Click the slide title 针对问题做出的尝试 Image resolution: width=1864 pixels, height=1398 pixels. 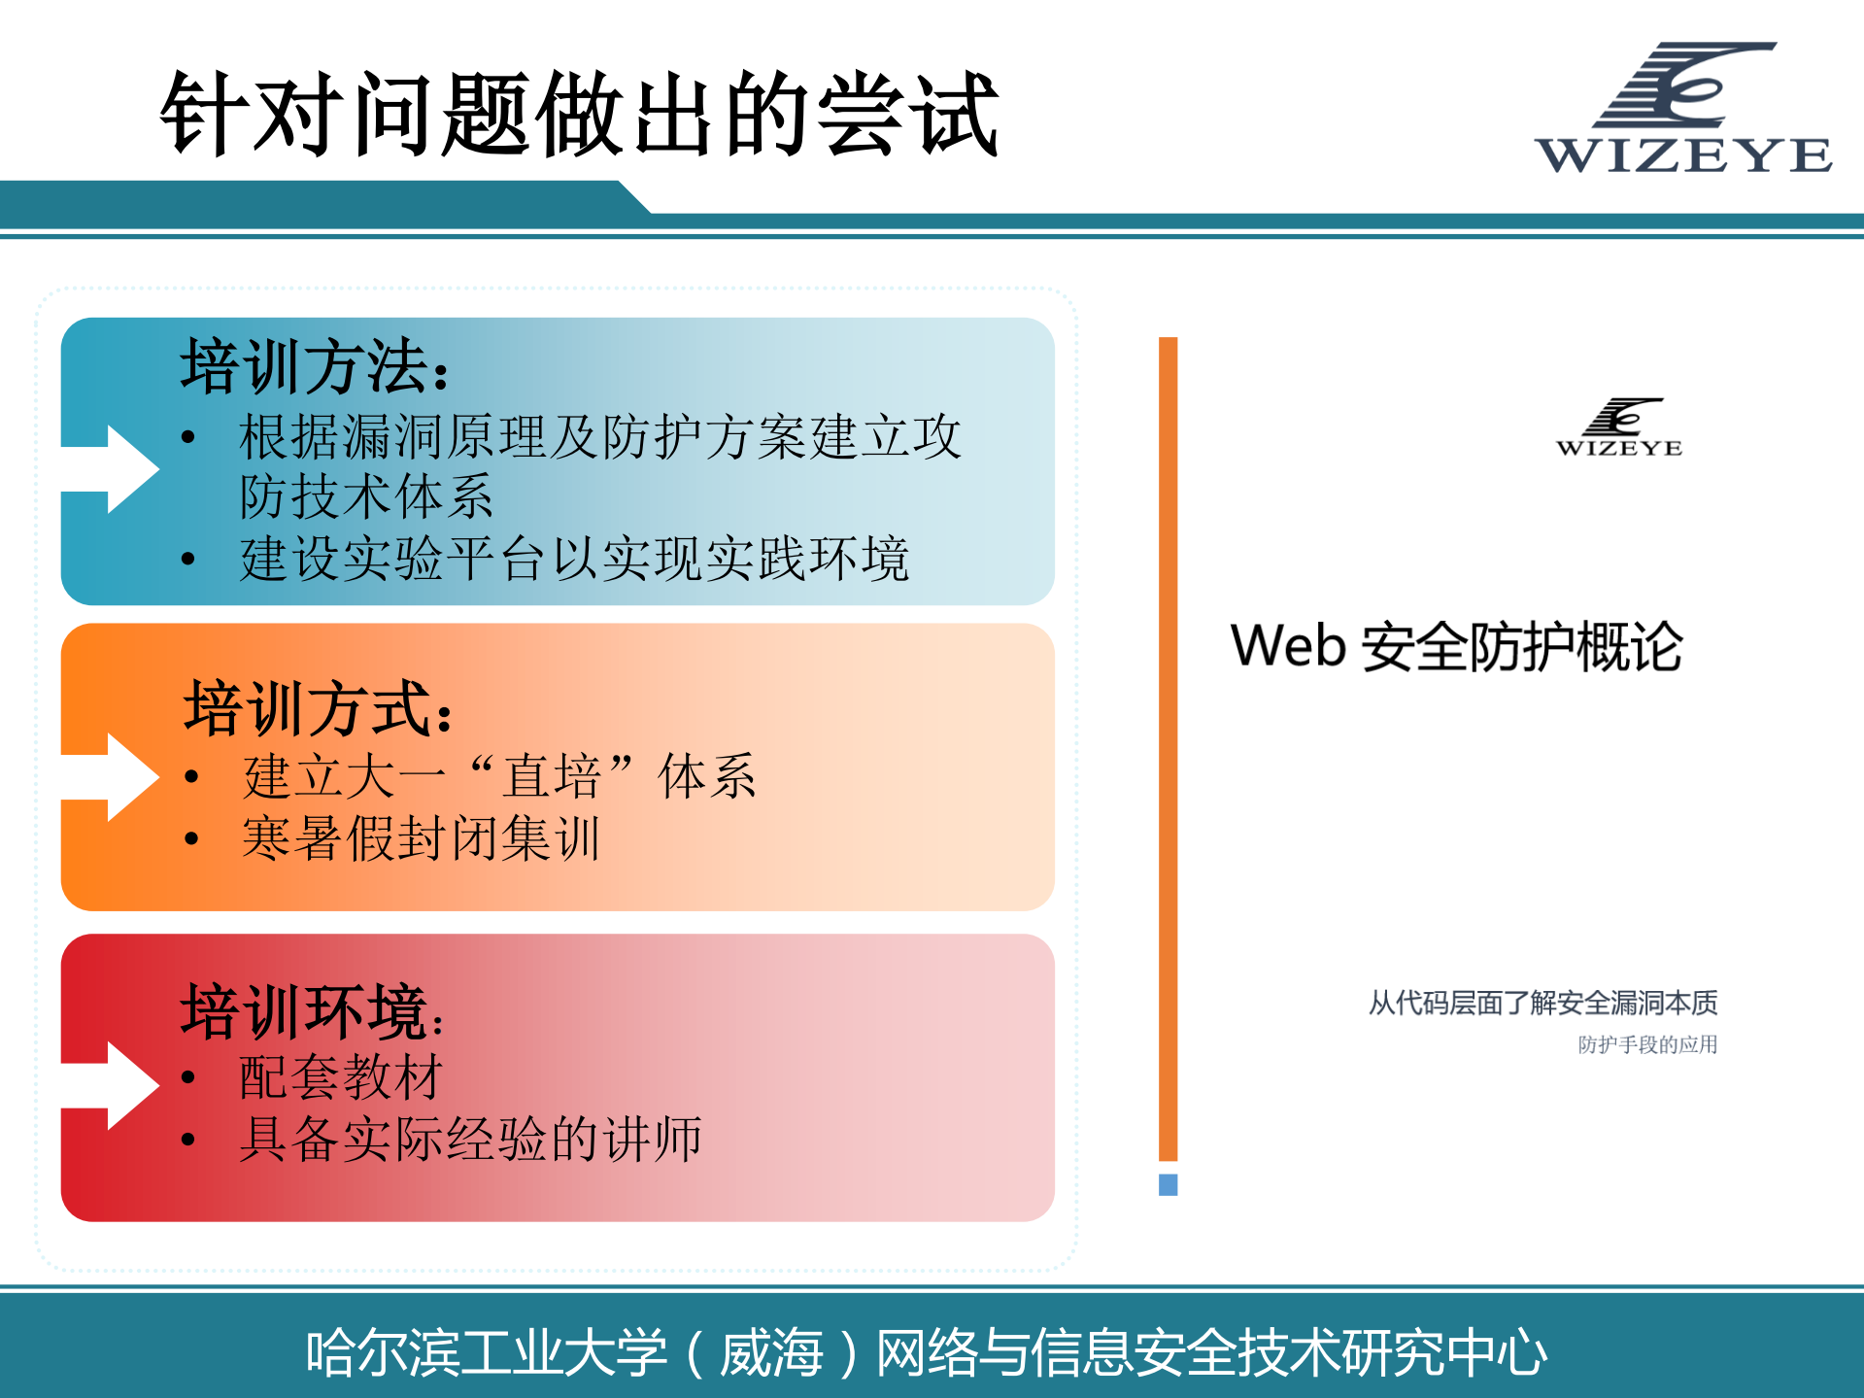coord(579,114)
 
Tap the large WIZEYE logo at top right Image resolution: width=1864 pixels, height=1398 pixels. coord(1683,109)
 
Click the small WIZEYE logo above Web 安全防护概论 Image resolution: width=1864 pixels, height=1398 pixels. coord(1619,427)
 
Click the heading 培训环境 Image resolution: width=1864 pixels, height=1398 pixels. coord(312,1011)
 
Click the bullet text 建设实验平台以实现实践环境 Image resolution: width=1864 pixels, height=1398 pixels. coord(574,560)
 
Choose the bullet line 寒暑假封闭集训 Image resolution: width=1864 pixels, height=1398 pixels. coord(421,838)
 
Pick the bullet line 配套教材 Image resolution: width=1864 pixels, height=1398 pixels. coord(341,1076)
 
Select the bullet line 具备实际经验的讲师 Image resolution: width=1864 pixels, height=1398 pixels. coord(470,1139)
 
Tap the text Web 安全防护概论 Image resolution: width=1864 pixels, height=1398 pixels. coord(1456,646)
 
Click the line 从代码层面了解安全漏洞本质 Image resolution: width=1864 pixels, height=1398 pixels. coord(1542,1003)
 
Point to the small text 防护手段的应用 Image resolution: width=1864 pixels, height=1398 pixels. coord(1647,1044)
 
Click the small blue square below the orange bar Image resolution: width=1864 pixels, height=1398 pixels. coord(1169,1184)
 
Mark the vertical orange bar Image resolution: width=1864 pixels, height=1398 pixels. coord(1169,748)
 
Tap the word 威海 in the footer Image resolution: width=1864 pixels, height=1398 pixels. coord(771,1352)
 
